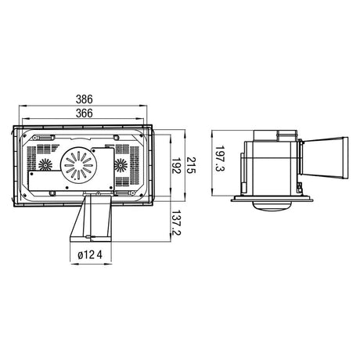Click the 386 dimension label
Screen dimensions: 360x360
[84, 99]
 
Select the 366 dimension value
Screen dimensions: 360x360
[84, 113]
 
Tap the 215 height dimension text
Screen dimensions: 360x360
[191, 166]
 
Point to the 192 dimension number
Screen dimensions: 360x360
[176, 166]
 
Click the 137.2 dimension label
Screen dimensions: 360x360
[176, 222]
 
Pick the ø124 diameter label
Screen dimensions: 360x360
[90, 254]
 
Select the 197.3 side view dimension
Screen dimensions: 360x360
[220, 158]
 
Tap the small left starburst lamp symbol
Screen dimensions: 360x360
[45, 165]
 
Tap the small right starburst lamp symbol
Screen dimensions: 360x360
[121, 165]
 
